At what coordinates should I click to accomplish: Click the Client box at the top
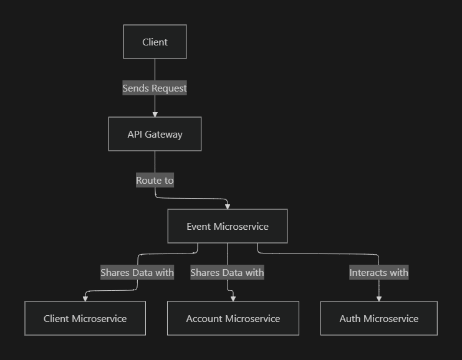pyautogui.click(x=155, y=42)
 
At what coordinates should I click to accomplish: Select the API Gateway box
pyautogui.click(x=155, y=134)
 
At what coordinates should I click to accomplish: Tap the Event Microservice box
pyautogui.click(x=227, y=226)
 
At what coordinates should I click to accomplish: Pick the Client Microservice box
pyautogui.click(x=85, y=318)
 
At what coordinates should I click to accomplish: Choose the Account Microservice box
pyautogui.click(x=233, y=318)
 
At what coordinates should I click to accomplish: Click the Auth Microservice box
pyautogui.click(x=378, y=318)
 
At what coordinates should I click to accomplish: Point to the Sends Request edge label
pyautogui.click(x=155, y=88)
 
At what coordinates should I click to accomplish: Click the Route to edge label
pyautogui.click(x=155, y=181)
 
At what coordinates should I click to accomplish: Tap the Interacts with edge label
pyautogui.click(x=378, y=272)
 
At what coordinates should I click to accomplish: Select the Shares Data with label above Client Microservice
pyautogui.click(x=137, y=272)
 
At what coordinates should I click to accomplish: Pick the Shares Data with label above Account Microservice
pyautogui.click(x=227, y=272)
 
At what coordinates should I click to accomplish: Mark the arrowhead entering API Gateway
pyautogui.click(x=155, y=114)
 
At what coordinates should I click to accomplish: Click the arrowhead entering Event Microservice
pyautogui.click(x=228, y=206)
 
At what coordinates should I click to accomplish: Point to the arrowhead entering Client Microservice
pyautogui.click(x=85, y=298)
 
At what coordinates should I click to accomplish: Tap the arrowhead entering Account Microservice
pyautogui.click(x=233, y=298)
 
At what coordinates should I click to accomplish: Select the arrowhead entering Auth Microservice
pyautogui.click(x=378, y=298)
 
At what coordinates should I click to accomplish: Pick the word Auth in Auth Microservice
pyautogui.click(x=350, y=318)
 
